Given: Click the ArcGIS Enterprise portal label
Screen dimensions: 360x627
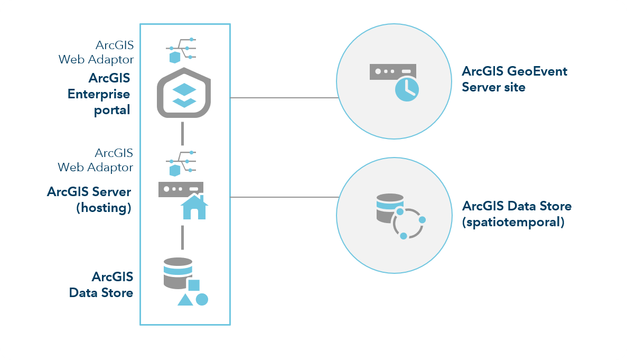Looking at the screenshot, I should pos(99,95).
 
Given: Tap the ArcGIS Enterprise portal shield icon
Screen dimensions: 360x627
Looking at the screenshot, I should pos(184,94).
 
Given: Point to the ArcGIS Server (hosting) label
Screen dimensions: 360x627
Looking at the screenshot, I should pos(89,199).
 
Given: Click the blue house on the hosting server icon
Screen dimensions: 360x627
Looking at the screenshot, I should pos(194,207).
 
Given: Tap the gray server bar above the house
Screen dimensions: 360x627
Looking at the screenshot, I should pos(181,189).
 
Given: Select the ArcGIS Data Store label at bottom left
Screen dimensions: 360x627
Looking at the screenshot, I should pos(101,284).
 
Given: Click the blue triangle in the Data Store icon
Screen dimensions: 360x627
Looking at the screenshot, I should pos(185,300).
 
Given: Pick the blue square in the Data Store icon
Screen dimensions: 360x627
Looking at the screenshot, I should pos(194,285).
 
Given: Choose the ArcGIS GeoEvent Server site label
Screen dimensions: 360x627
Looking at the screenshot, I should pos(514,79).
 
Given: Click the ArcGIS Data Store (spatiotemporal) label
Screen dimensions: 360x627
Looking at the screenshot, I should pos(516,214).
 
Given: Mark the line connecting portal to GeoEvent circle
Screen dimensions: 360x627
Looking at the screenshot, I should pos(284,98).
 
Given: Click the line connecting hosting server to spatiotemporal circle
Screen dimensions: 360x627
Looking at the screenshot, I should pos(284,197).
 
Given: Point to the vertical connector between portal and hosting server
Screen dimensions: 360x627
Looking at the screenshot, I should pos(182,133).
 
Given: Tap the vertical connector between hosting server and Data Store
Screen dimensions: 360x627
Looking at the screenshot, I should pos(182,237).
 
